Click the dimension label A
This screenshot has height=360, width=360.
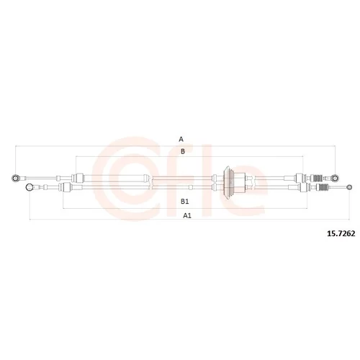(181, 139)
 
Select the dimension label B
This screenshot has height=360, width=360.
(183, 151)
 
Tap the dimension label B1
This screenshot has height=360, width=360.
(184, 202)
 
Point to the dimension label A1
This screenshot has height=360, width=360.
(187, 216)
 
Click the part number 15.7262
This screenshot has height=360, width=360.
(341, 233)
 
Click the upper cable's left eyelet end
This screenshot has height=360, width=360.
(15, 178)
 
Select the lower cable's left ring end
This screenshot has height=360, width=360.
(30, 187)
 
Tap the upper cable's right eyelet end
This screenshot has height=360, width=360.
(335, 178)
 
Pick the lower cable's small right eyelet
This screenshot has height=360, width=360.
(350, 187)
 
